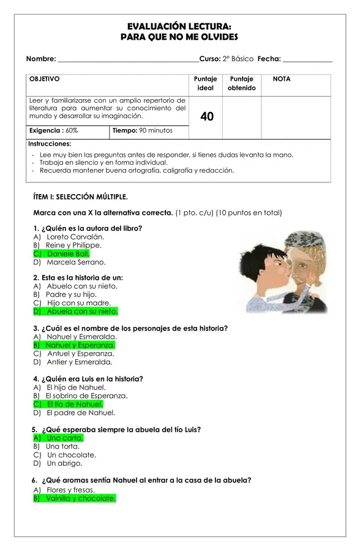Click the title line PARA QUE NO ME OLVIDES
179,37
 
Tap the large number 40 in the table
207,116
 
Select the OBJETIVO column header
45,79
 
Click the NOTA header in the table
282,79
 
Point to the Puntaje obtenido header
241,83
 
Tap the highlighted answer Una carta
64,438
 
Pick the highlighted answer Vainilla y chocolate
80,498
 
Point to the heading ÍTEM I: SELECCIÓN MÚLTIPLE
80,197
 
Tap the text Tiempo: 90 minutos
142,130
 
